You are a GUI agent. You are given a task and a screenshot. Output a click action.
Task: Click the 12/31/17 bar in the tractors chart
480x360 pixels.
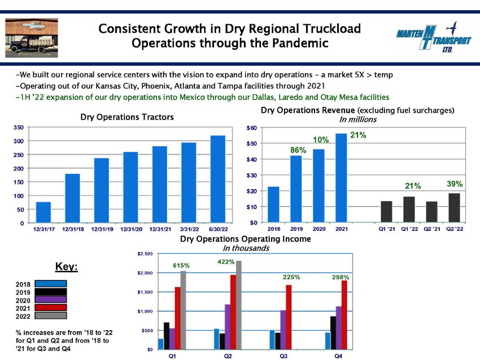click(43, 212)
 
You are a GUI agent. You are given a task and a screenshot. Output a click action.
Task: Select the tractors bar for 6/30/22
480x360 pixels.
click(218, 179)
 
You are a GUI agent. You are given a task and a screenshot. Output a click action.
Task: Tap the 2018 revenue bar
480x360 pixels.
click(273, 204)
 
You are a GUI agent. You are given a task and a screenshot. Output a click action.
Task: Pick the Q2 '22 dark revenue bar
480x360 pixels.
click(454, 208)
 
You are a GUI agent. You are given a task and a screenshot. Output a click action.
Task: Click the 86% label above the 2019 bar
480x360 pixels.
click(298, 150)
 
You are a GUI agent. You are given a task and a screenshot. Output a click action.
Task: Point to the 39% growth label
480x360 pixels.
click(455, 184)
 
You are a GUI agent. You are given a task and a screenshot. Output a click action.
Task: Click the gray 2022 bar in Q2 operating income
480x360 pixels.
click(238, 305)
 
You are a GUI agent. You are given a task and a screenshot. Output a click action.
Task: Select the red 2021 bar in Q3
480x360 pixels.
click(289, 317)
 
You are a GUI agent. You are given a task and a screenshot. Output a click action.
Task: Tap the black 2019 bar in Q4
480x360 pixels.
click(333, 333)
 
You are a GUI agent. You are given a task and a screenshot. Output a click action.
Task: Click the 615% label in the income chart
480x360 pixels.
click(181, 266)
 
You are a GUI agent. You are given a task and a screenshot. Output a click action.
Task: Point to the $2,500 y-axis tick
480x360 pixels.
click(145, 254)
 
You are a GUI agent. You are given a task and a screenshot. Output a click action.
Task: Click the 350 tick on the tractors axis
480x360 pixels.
click(19, 127)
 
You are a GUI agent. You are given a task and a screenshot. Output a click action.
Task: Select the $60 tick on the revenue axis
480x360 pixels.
click(252, 128)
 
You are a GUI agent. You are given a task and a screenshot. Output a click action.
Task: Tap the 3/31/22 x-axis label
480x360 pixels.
click(189, 229)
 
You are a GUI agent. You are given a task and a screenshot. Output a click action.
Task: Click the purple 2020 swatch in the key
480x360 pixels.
click(50, 300)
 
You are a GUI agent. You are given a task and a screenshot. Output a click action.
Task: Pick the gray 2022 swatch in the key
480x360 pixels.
click(50, 315)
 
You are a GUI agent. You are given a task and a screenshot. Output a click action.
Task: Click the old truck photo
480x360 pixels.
click(32, 38)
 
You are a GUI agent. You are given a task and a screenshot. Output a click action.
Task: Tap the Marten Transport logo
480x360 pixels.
click(434, 37)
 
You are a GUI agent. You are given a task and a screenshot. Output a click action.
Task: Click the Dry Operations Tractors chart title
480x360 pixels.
click(127, 117)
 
